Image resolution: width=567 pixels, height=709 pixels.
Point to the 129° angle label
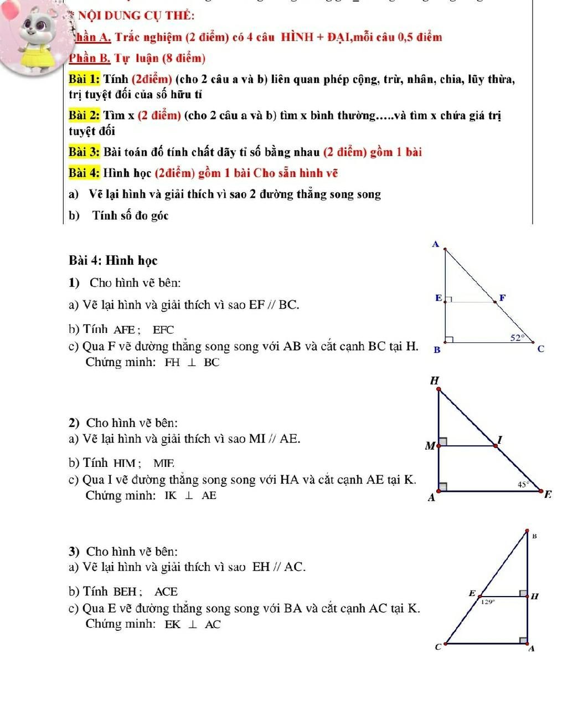[x=487, y=600]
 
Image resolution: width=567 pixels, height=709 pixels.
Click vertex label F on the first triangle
[x=502, y=298]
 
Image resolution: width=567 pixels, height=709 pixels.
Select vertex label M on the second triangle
[x=430, y=445]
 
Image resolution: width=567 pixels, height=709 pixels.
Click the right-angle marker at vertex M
[x=444, y=441]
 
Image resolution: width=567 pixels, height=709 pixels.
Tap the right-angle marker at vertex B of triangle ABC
[x=450, y=339]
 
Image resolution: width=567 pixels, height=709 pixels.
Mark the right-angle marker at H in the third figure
[x=523, y=594]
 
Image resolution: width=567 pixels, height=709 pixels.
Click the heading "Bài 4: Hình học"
[x=114, y=260]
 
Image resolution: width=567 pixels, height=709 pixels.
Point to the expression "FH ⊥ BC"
[x=192, y=363]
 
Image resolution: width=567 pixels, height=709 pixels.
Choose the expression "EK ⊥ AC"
[x=193, y=625]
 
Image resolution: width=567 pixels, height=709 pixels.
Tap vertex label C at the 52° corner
[x=541, y=349]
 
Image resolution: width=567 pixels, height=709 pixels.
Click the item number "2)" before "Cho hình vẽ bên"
[x=75, y=423]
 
